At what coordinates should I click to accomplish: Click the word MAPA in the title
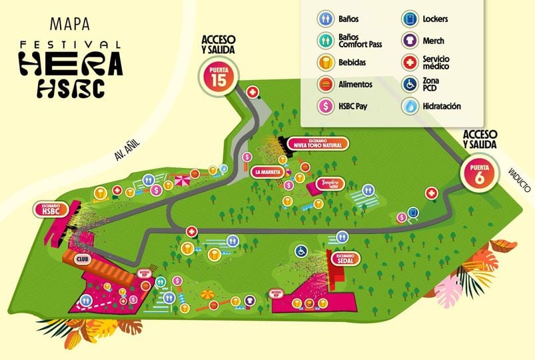click(x=70, y=25)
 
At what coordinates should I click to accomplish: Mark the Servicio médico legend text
click(x=440, y=63)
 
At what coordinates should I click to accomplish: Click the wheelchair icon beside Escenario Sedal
click(x=301, y=251)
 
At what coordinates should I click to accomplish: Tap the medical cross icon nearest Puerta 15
click(x=253, y=91)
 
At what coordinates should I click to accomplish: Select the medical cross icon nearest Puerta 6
click(x=431, y=193)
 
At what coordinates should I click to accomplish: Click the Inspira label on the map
click(x=330, y=183)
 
